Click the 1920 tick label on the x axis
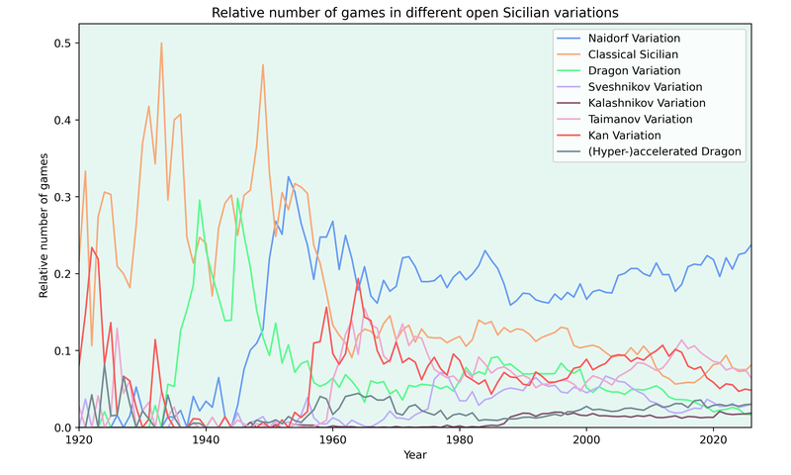pos(79,440)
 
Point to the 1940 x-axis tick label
pos(206,440)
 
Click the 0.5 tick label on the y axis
pos(61,44)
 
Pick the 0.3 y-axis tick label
pos(61,197)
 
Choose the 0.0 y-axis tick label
pos(61,427)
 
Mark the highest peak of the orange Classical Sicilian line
pos(161,44)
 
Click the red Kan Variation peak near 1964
pos(358,279)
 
